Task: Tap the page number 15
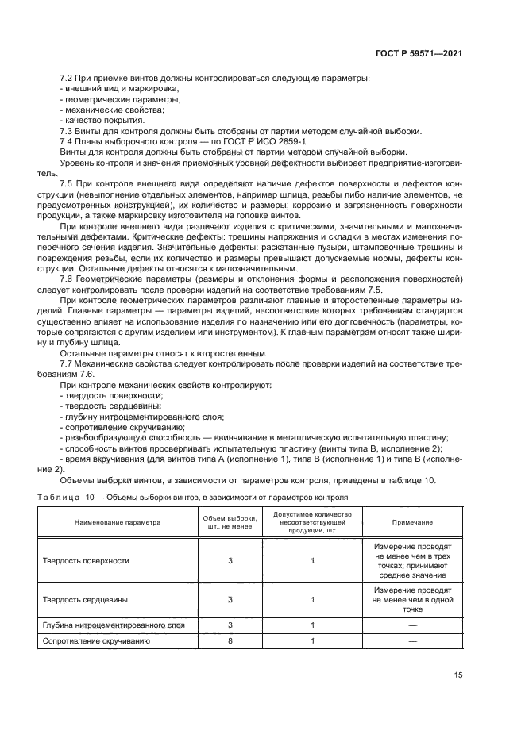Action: [458, 675]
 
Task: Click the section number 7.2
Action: [68, 79]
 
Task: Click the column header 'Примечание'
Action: [412, 523]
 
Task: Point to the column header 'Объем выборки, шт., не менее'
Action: [230, 523]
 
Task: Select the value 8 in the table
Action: [230, 640]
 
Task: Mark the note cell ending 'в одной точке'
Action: [412, 600]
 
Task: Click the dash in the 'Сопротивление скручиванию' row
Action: [412, 640]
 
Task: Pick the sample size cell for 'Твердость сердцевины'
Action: [230, 600]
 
